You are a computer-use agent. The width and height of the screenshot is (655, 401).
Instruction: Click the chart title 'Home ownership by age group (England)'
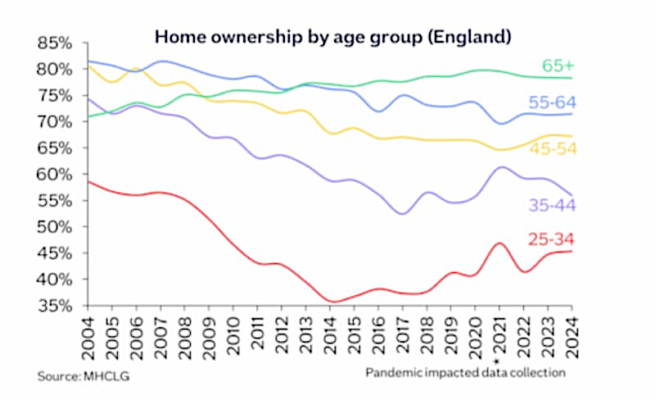(333, 37)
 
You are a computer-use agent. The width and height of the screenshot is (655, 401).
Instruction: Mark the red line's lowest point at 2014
(332, 302)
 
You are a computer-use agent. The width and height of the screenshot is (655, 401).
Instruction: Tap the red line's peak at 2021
(499, 244)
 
